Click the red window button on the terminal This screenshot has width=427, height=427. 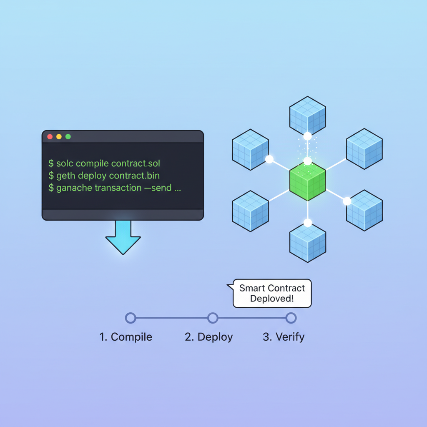point(50,137)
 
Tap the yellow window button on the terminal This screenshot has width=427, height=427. point(59,137)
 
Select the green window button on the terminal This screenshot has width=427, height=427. point(68,137)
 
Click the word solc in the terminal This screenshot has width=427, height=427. point(65,163)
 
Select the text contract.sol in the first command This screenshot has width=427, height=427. point(136,163)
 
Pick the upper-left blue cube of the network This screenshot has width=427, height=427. point(250,150)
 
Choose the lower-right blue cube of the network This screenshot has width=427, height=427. point(364,211)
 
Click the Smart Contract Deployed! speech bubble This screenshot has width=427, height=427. point(272,294)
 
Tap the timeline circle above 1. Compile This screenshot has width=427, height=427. point(131,318)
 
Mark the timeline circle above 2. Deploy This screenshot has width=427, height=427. point(213,318)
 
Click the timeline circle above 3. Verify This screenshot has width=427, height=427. point(291,318)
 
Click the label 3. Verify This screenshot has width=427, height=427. point(284,337)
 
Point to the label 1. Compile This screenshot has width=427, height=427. point(126,337)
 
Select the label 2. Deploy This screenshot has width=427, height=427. point(208,337)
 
